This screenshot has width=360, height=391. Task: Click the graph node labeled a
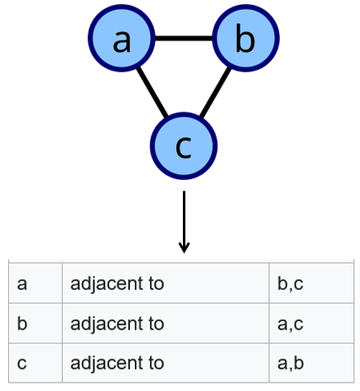point(122,39)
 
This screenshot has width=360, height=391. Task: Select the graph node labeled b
point(246,39)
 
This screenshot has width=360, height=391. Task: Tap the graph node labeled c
point(184,146)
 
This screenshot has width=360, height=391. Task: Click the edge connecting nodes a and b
point(184,38)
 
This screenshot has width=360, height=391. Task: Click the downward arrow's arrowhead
point(184,247)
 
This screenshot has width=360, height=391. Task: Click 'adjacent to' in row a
point(118,283)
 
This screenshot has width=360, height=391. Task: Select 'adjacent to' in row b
point(118,323)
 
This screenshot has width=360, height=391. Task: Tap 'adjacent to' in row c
point(118,362)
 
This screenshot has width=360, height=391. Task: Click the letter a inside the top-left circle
point(122,40)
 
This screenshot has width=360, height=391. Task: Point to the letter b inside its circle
point(245,39)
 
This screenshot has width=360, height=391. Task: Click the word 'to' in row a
point(156,283)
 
